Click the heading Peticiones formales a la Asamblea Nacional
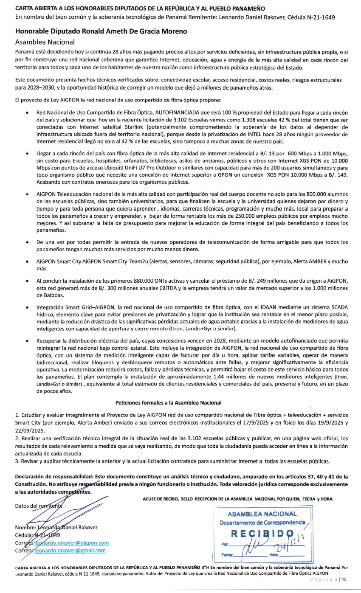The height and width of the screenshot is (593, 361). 169,402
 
